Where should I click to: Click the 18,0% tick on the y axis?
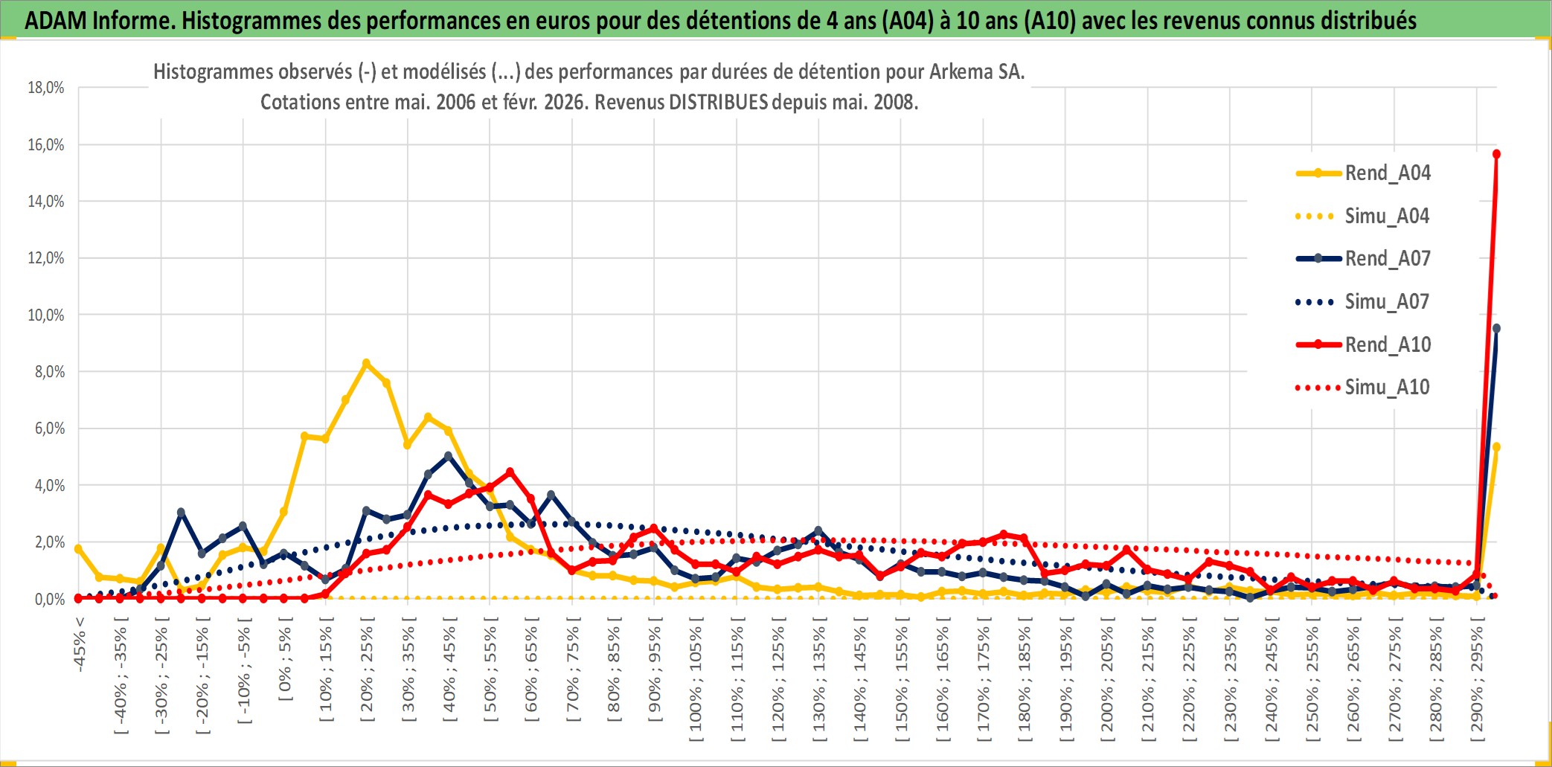(x=46, y=88)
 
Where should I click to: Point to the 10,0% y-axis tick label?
(x=46, y=315)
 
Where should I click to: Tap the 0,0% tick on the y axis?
(x=49, y=599)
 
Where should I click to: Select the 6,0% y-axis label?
(x=49, y=429)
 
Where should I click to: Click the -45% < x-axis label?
(x=80, y=644)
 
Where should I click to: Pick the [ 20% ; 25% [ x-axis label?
(x=367, y=673)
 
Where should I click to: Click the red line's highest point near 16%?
(x=1496, y=154)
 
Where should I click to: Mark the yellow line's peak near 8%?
(x=366, y=364)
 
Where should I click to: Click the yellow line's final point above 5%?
(x=1496, y=447)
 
